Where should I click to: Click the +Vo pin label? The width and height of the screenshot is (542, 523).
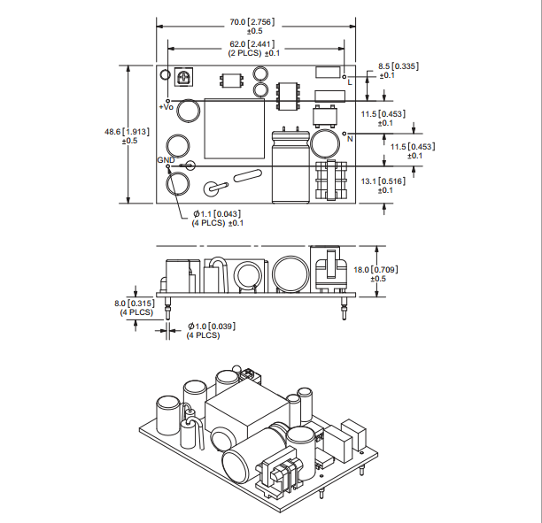166,106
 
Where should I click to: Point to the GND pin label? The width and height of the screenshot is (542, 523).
165,159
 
